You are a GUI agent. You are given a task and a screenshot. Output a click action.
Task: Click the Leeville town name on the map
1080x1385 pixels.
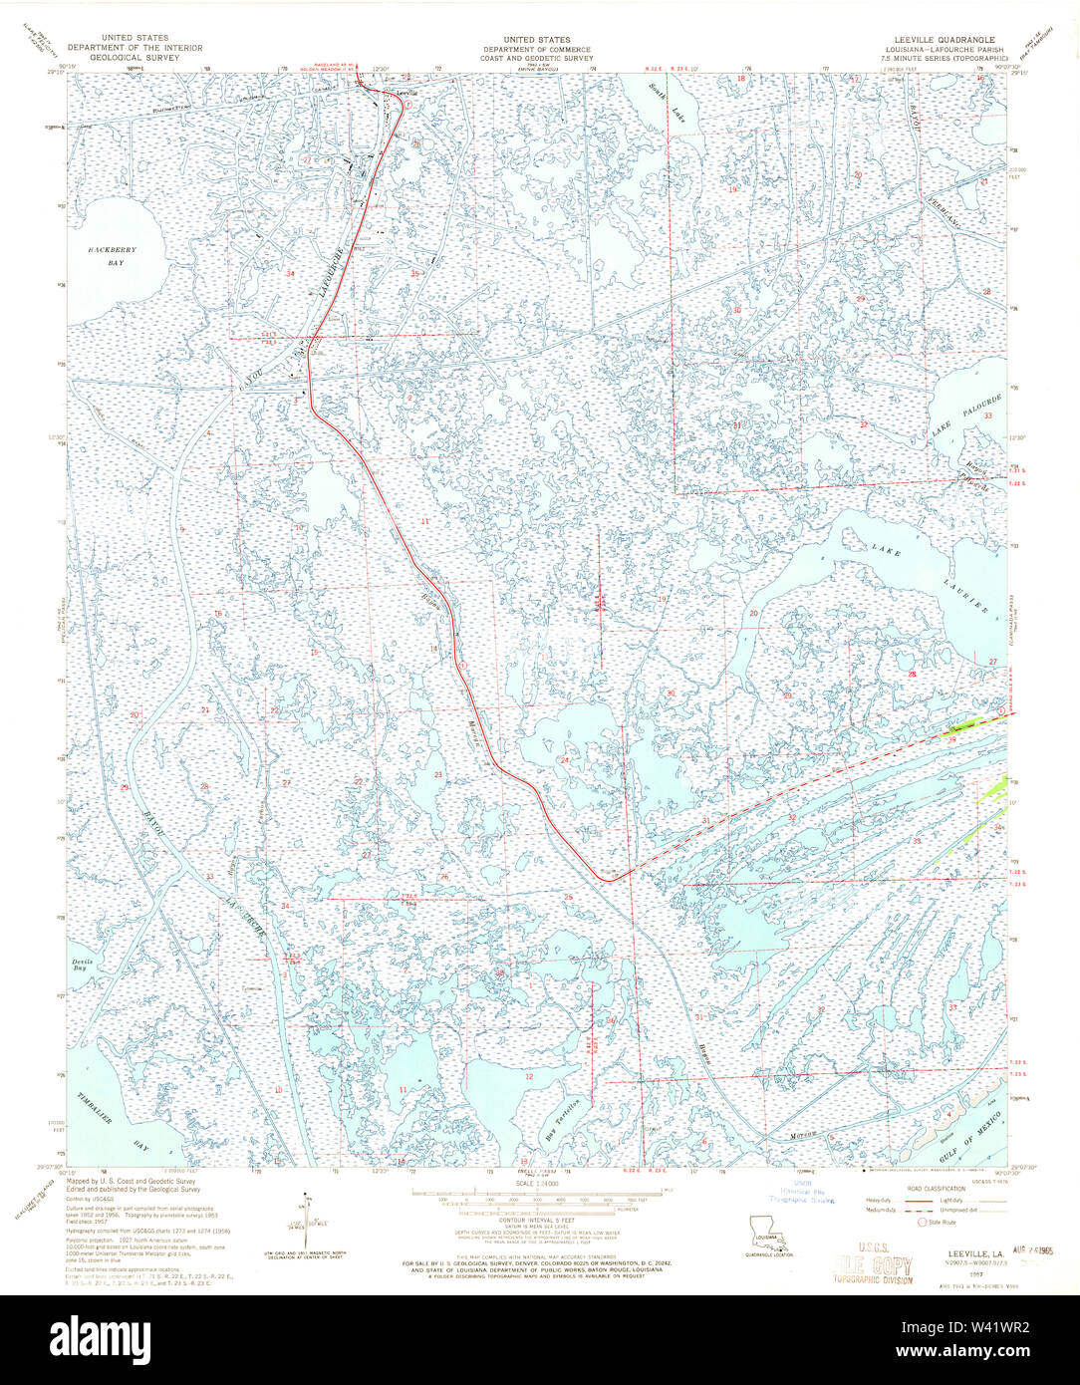click(405, 92)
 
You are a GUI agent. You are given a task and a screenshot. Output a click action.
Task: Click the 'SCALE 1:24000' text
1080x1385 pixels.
click(540, 1183)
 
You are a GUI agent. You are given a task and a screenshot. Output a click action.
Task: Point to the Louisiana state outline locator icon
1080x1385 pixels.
click(764, 1228)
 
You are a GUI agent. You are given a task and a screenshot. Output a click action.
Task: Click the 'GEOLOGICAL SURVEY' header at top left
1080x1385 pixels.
click(135, 57)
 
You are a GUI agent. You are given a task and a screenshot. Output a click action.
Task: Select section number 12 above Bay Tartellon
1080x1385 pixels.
click(529, 1077)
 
